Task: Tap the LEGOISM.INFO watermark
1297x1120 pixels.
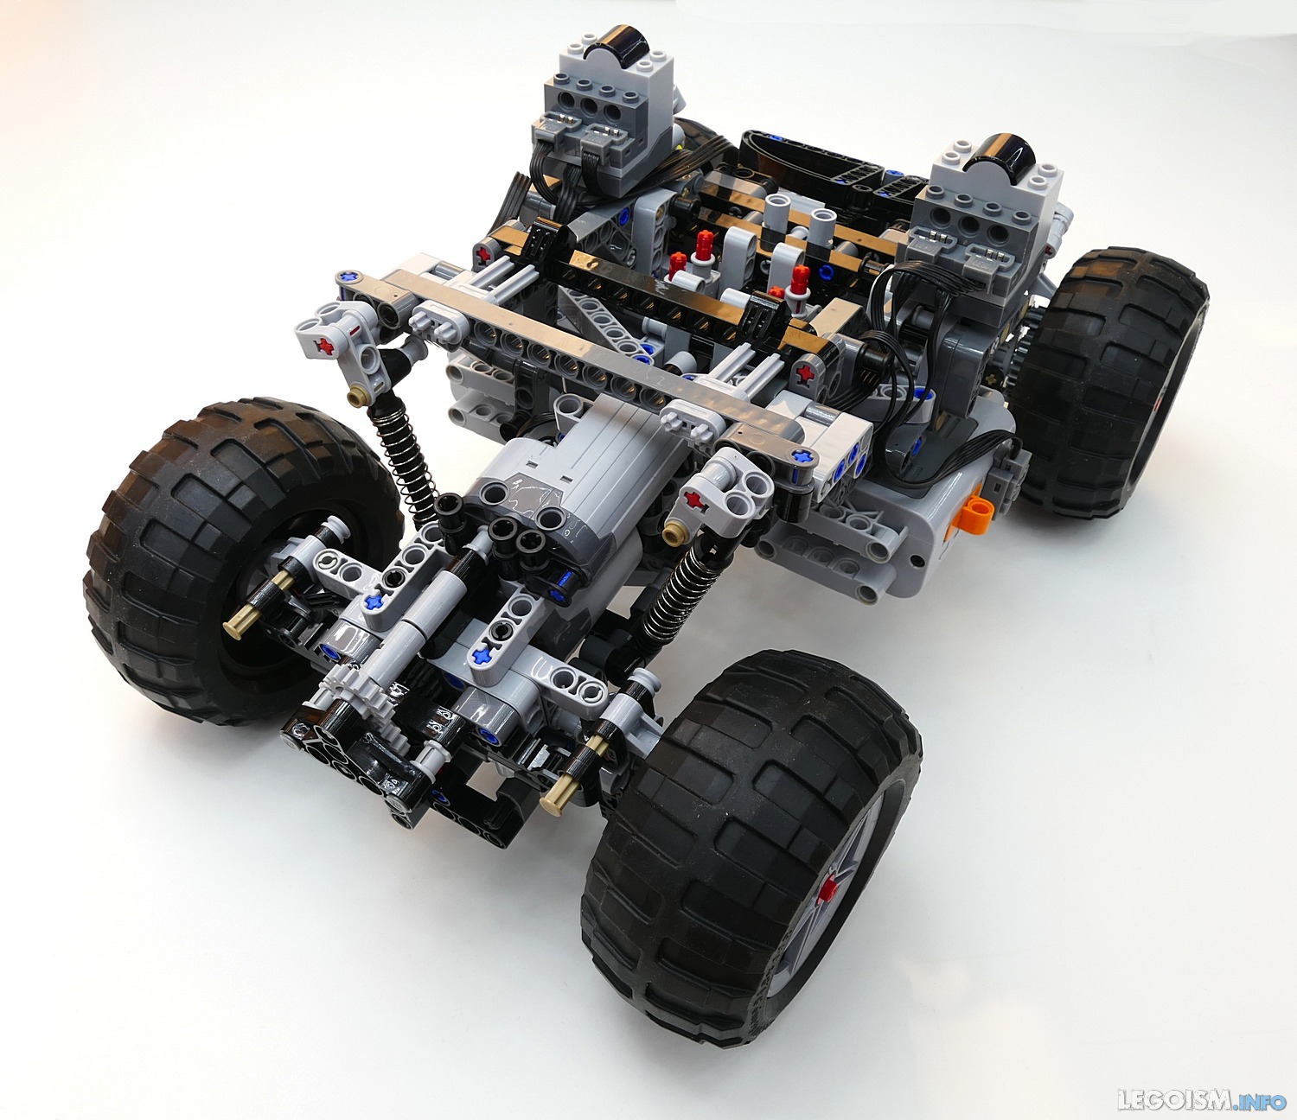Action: coord(1203,1100)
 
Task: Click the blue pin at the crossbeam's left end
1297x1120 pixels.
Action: coord(349,277)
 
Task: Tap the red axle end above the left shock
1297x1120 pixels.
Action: coord(327,346)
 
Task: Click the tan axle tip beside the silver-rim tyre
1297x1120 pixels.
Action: coord(555,799)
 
